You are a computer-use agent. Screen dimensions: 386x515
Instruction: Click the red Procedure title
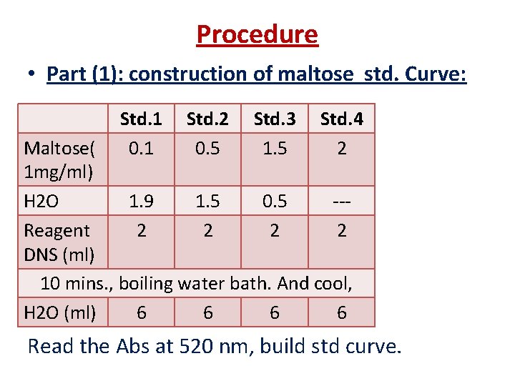click(x=257, y=34)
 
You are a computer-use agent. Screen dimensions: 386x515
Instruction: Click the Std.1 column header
click(x=141, y=120)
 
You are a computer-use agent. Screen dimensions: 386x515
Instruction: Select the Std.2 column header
click(x=207, y=120)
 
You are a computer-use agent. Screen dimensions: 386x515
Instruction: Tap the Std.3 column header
click(x=275, y=120)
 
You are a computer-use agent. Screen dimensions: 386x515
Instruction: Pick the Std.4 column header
click(x=341, y=120)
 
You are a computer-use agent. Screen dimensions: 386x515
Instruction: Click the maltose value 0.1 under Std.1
click(x=141, y=148)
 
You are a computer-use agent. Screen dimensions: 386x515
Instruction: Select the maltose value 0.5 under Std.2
click(x=207, y=148)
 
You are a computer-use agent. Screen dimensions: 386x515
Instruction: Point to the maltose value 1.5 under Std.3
click(x=275, y=148)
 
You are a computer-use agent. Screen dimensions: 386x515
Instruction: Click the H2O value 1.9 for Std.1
click(x=141, y=202)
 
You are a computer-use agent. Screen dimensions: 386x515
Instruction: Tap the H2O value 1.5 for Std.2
click(x=207, y=202)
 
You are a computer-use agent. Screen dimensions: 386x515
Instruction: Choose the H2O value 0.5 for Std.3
click(x=275, y=202)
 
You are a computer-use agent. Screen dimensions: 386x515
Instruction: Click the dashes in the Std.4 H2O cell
click(x=341, y=202)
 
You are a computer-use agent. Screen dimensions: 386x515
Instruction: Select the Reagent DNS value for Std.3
click(x=275, y=230)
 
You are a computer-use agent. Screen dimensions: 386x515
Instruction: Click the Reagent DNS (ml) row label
click(x=57, y=242)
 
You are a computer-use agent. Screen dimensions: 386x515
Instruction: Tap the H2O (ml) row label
click(x=65, y=312)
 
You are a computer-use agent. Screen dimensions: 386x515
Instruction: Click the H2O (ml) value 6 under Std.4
click(x=341, y=312)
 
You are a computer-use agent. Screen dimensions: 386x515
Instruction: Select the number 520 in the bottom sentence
click(x=197, y=347)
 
